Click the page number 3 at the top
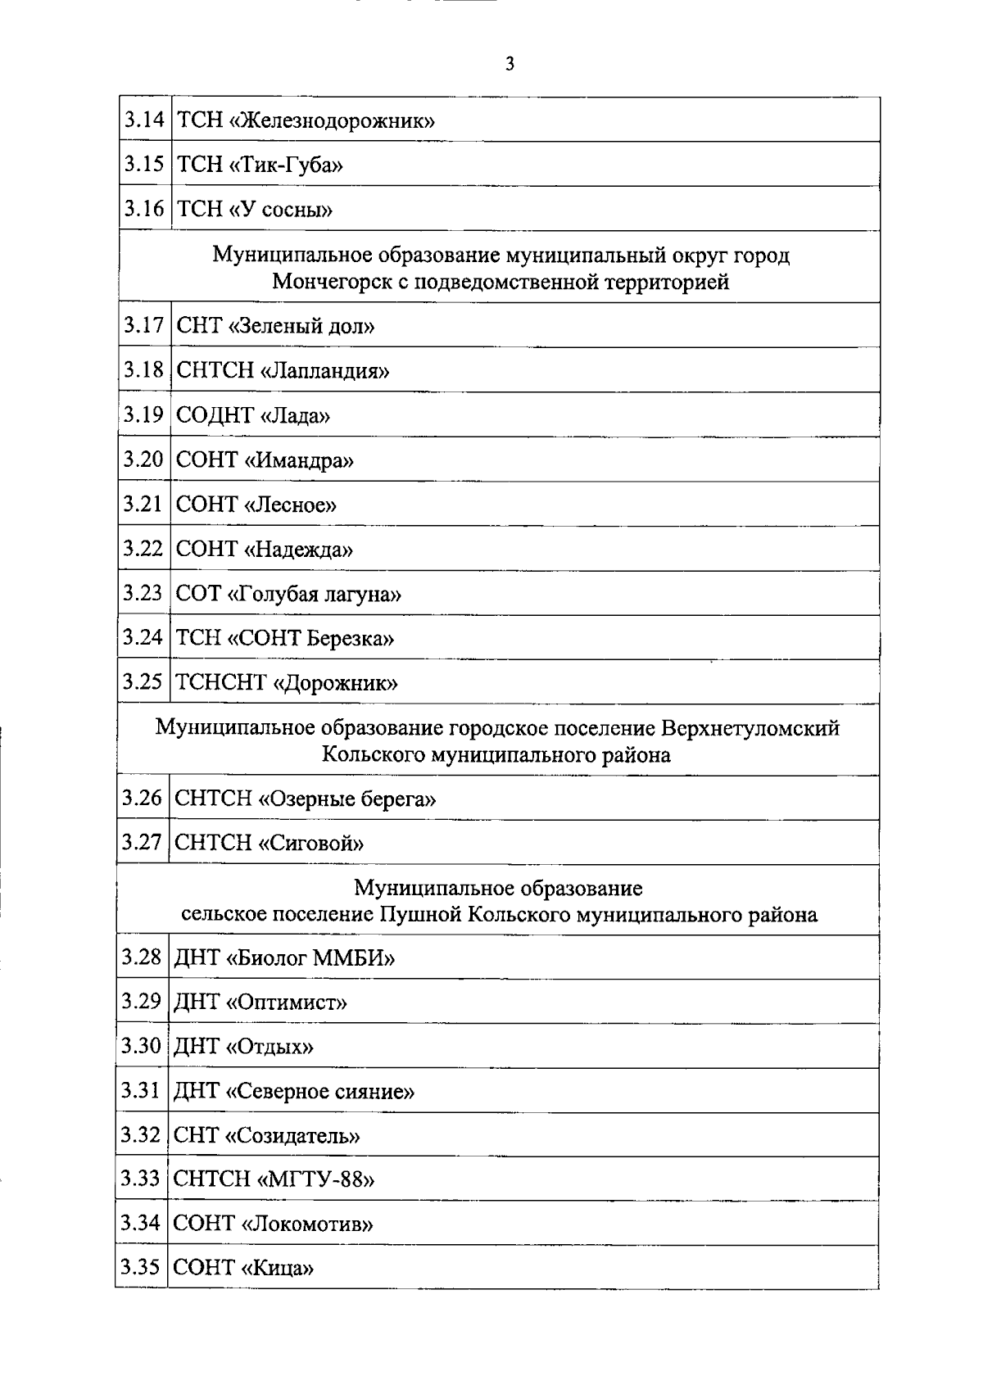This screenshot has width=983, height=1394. tap(510, 64)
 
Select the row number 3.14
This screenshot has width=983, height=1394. tap(144, 120)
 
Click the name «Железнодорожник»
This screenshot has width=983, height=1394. tap(333, 121)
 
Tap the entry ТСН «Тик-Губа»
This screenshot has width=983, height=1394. tap(260, 165)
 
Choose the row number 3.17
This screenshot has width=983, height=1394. tap(144, 326)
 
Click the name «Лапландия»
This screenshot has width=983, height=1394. tap(324, 371)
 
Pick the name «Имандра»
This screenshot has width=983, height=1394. tap(299, 460)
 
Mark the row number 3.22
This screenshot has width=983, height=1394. tap(143, 549)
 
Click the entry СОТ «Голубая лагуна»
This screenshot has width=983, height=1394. tap(288, 594)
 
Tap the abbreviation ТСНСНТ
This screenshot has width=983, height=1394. tap(221, 682)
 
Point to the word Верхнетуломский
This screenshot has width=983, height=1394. tap(750, 727)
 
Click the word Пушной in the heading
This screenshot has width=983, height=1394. tap(414, 914)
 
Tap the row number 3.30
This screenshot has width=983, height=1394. tap(141, 1046)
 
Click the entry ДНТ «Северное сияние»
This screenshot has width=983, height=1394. tap(294, 1091)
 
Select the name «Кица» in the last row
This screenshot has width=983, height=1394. tap(278, 1269)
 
